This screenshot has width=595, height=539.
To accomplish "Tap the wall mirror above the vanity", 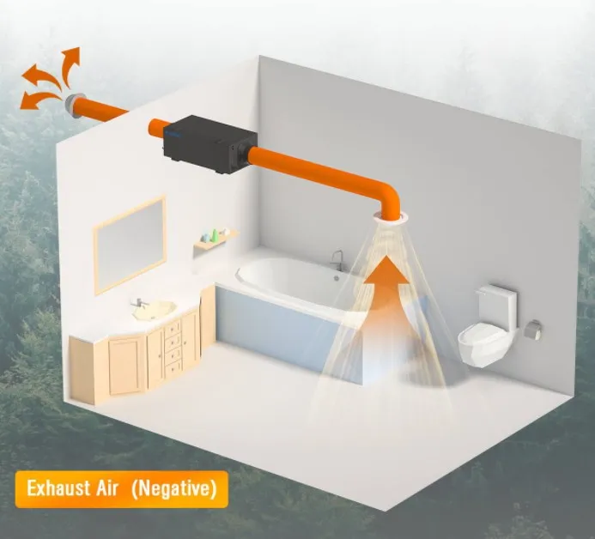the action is point(130,244).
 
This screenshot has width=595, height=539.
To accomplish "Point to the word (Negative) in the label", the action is point(176,489).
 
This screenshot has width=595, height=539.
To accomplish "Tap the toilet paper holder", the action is point(533,329).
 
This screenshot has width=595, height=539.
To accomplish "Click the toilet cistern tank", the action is point(498,308).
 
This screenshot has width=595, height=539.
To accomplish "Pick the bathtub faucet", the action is point(337,259).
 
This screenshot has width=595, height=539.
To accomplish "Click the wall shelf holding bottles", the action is point(215,242).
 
